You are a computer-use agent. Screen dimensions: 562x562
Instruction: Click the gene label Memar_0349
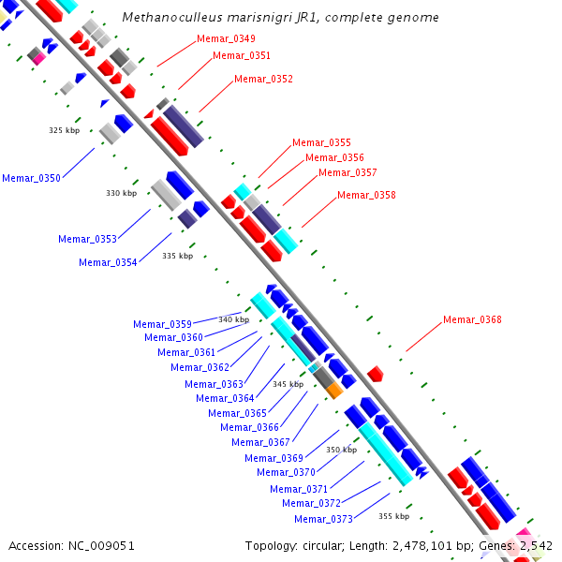(x=226, y=39)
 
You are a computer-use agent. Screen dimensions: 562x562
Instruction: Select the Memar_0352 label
(x=263, y=80)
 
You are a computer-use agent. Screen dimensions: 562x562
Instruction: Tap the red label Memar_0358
(x=366, y=196)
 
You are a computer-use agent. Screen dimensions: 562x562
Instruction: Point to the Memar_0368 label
(x=472, y=320)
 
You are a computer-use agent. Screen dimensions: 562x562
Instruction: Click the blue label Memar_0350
(x=31, y=178)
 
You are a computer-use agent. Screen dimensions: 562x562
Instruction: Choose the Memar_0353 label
(x=87, y=240)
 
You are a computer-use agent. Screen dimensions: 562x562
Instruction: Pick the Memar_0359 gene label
(x=162, y=325)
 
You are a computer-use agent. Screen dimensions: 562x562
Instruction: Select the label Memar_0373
(x=323, y=520)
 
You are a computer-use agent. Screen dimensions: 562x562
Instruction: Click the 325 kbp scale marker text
(x=64, y=130)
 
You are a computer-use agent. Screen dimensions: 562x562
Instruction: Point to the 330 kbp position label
(x=121, y=193)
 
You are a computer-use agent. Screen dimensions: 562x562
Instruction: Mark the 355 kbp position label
(x=393, y=516)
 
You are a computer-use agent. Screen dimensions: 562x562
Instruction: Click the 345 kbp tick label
(x=288, y=384)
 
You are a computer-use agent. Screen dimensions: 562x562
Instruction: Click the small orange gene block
(x=333, y=391)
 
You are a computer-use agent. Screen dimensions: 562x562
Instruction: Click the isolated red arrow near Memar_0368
(x=375, y=374)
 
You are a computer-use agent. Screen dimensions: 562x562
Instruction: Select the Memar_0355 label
(x=321, y=143)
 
